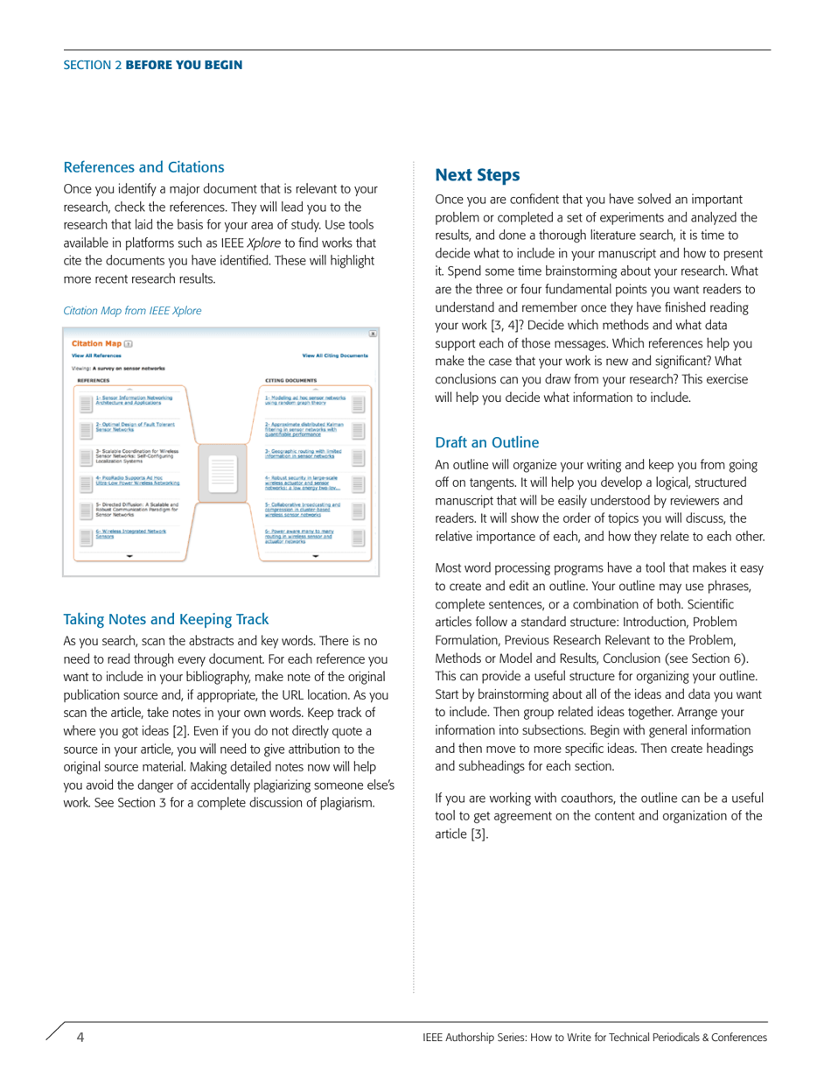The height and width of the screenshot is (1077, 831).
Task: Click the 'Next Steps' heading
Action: pyautogui.click(x=478, y=175)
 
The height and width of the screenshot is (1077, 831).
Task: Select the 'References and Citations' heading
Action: pyautogui.click(x=144, y=167)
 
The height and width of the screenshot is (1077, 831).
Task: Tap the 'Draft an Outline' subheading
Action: pyautogui.click(x=487, y=442)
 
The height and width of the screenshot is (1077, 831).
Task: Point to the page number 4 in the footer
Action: pyautogui.click(x=80, y=1038)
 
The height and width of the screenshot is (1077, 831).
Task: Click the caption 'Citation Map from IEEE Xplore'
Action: pyautogui.click(x=133, y=311)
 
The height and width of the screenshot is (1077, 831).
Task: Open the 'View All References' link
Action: pyautogui.click(x=96, y=356)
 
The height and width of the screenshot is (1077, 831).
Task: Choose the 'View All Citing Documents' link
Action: pyautogui.click(x=335, y=356)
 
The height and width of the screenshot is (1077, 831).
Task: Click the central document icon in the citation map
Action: pyautogui.click(x=224, y=473)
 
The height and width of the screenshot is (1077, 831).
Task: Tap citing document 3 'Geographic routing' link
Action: pyautogui.click(x=303, y=454)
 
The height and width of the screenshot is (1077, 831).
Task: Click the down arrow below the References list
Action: pyautogui.click(x=129, y=555)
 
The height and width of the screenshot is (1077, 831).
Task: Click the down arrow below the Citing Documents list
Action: pyautogui.click(x=316, y=555)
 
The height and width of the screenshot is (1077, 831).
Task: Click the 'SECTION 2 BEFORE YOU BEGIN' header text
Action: pyautogui.click(x=153, y=66)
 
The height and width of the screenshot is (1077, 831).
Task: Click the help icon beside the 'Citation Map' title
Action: pyautogui.click(x=129, y=344)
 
